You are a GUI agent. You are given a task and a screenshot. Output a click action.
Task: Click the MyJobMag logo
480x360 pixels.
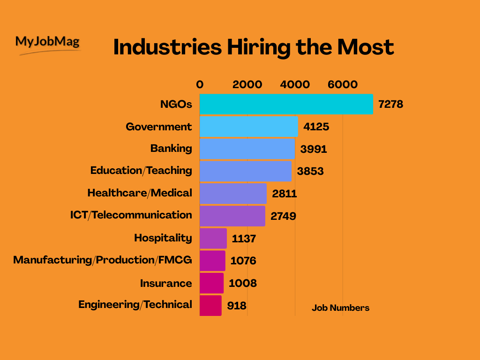coord(48,44)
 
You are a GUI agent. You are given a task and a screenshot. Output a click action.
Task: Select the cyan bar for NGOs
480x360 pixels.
coord(286,104)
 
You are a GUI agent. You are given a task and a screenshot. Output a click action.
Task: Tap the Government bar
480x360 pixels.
coord(248,127)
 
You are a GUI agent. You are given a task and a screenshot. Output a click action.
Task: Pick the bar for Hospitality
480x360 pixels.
coord(213,238)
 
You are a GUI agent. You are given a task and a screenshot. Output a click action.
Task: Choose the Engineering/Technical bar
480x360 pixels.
coord(210,305)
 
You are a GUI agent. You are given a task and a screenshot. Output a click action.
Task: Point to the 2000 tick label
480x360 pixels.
coord(247,84)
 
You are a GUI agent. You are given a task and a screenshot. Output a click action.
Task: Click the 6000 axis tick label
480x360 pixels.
coord(342,84)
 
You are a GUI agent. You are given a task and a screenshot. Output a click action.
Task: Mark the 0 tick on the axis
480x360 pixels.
coord(200,84)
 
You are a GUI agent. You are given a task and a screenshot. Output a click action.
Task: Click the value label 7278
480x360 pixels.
coord(390,104)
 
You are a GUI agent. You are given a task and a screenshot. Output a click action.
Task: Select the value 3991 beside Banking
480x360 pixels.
coord(314,149)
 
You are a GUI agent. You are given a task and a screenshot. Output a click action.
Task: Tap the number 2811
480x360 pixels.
coord(285,193)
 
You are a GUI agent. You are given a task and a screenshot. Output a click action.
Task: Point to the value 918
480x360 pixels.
coord(237,306)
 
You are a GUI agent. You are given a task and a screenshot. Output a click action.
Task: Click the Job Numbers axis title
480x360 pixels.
coord(340,308)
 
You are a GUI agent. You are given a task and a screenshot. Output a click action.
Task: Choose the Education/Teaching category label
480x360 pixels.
coord(141,170)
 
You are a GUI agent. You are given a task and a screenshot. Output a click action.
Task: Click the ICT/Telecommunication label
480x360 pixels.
coord(131,215)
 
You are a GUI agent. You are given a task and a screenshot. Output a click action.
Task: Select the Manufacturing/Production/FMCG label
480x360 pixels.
coord(102,260)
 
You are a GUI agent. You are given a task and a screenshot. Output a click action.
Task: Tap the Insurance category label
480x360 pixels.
coord(166,283)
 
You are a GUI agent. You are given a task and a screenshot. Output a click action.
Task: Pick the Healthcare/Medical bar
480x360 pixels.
coord(233,193)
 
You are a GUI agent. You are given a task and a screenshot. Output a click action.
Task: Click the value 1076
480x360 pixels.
coord(243,261)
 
